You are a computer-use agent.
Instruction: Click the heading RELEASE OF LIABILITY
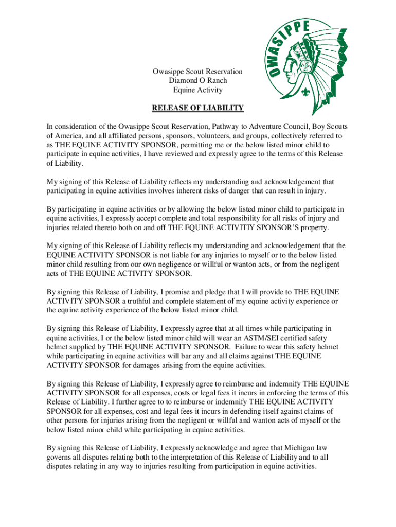(x=197, y=108)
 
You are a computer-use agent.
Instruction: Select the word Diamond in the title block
(x=182, y=81)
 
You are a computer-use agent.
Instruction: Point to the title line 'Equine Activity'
(x=197, y=90)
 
